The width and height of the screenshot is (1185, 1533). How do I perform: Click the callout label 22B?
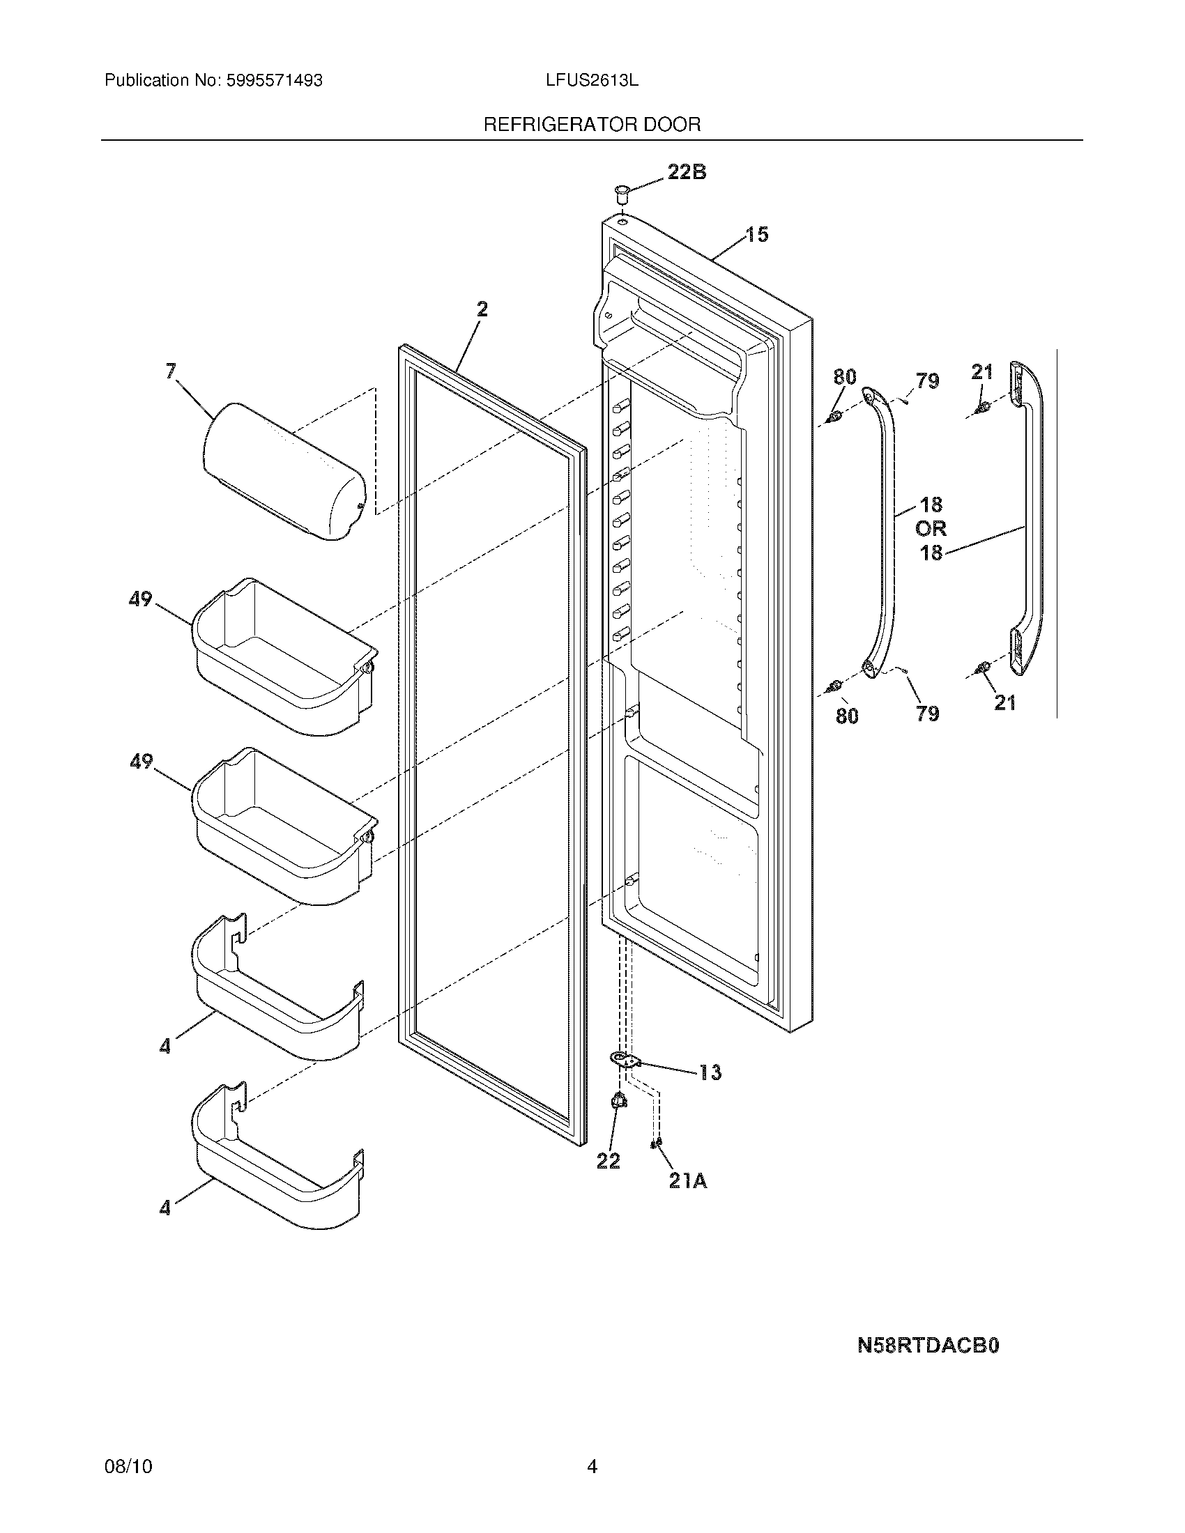coord(686,172)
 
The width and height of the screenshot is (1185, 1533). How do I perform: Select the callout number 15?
coord(756,234)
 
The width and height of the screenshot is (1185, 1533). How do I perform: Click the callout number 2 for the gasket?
coord(482,309)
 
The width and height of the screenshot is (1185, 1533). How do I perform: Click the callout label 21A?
coord(687,1181)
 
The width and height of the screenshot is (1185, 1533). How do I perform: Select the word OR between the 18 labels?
coord(931,529)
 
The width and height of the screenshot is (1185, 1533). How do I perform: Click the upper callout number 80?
coord(845,377)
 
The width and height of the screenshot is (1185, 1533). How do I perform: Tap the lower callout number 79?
coord(927,714)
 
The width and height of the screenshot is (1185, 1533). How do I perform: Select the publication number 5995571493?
coord(274,81)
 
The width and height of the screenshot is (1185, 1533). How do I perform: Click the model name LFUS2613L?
coord(592,81)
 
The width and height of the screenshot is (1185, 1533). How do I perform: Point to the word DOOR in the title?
coord(672,125)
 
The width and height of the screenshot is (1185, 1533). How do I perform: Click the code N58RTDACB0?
coord(927,1345)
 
